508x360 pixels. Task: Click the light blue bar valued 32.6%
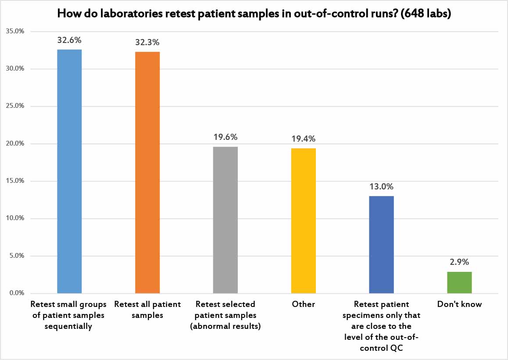click(x=69, y=171)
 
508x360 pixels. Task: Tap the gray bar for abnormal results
click(x=225, y=220)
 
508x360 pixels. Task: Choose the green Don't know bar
click(x=459, y=282)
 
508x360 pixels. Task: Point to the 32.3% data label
click(x=147, y=43)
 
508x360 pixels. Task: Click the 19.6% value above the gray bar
click(x=225, y=137)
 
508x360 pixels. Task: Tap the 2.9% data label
click(x=459, y=262)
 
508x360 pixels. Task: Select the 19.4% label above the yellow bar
click(x=303, y=139)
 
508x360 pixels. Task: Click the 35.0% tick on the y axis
click(x=15, y=32)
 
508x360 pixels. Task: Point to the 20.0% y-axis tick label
click(x=15, y=144)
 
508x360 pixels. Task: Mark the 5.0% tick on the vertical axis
click(x=16, y=256)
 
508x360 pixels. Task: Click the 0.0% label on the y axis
click(x=16, y=293)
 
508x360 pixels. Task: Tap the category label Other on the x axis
click(x=303, y=304)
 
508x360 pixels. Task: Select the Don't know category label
click(x=459, y=304)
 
